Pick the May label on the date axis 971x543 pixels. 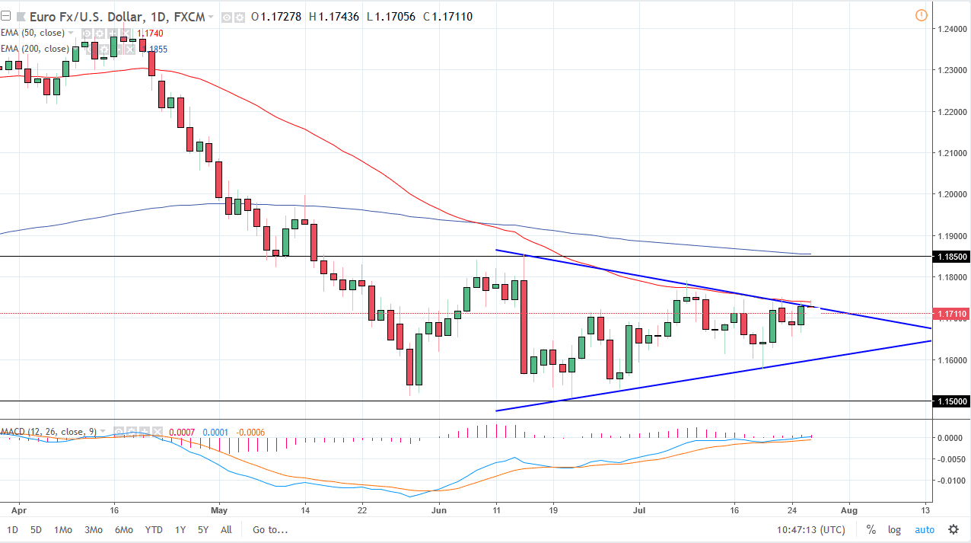click(219, 510)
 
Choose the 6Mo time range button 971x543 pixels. click(124, 530)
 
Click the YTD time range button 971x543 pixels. click(153, 530)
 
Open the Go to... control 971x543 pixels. click(270, 530)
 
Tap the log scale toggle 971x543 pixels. click(893, 530)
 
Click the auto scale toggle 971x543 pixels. click(924, 530)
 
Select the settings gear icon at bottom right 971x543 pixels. click(953, 529)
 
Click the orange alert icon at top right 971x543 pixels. click(922, 15)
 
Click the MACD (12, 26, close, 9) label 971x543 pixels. click(48, 432)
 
